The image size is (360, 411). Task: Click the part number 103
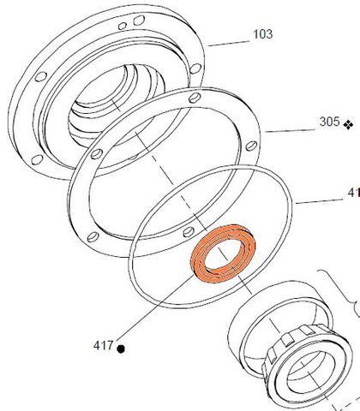click(262, 35)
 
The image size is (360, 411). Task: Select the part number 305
click(329, 122)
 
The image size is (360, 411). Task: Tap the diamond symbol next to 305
click(348, 124)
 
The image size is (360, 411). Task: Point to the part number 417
click(103, 346)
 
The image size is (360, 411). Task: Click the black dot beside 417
click(122, 348)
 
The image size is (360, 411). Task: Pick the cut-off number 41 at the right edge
click(353, 194)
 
